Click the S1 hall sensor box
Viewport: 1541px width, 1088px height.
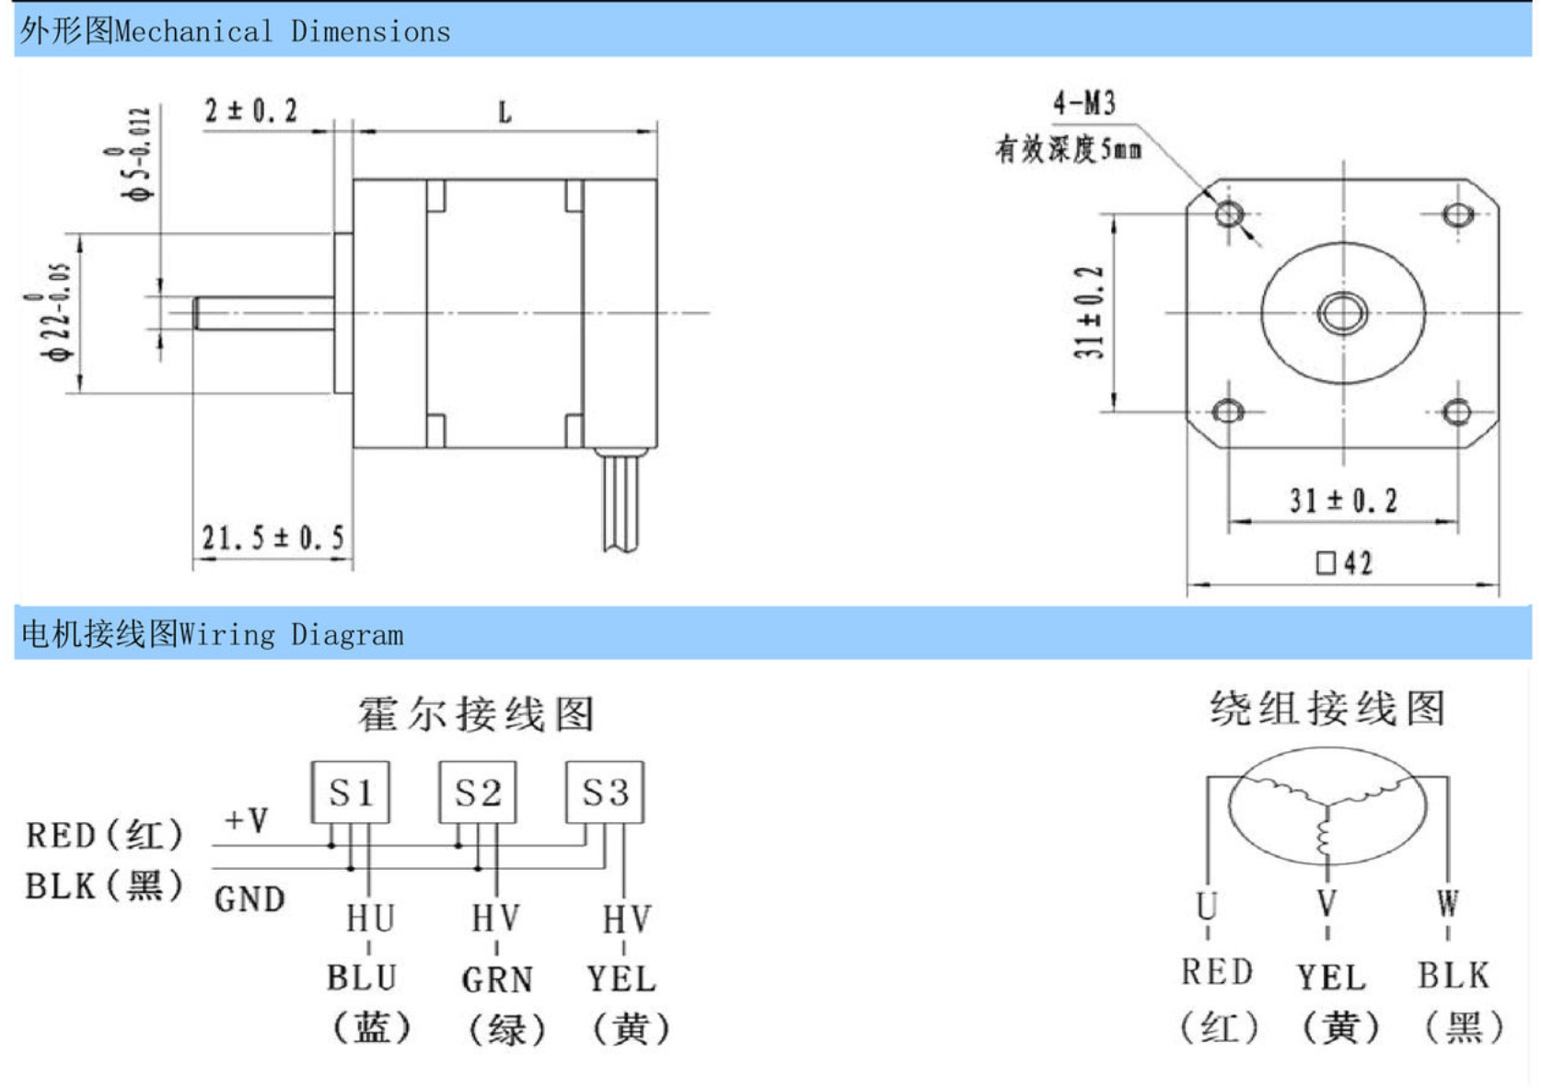click(350, 792)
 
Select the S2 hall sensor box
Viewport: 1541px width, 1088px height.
click(477, 792)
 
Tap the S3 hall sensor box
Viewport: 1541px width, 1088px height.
click(604, 792)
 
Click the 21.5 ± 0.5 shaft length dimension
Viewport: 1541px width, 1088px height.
click(272, 537)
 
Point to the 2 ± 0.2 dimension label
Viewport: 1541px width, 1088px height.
click(250, 111)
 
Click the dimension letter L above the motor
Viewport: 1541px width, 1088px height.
click(504, 113)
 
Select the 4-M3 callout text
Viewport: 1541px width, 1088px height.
click(1084, 102)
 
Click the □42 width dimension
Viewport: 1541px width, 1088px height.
click(1344, 562)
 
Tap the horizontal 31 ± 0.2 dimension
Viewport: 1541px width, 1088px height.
click(1343, 501)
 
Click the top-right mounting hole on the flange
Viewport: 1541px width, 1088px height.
click(1457, 214)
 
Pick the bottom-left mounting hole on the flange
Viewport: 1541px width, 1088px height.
click(1228, 411)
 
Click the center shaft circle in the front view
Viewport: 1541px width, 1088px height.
click(1343, 312)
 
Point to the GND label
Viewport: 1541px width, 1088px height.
click(249, 899)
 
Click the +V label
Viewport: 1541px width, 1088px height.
click(247, 819)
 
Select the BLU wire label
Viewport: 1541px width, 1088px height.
click(362, 978)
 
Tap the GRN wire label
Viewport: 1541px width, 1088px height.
click(497, 979)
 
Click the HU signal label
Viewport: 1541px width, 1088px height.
click(370, 918)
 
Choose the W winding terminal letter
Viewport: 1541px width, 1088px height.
click(1447, 903)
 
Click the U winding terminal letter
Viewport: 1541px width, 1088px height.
click(1207, 906)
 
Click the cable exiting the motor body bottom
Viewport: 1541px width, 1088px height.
click(621, 502)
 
